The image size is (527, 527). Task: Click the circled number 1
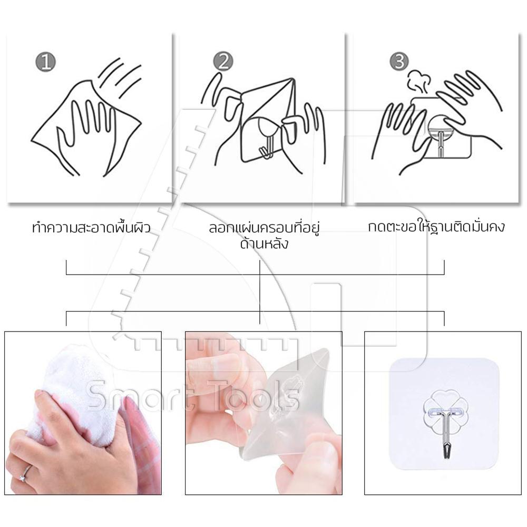click(46, 62)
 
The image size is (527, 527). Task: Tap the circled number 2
click(223, 62)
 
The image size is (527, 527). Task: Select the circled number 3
click(399, 62)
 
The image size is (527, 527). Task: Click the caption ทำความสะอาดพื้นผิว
click(91, 227)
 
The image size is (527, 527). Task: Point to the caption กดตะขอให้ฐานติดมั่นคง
click(436, 226)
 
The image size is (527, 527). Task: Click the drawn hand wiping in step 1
click(90, 134)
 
